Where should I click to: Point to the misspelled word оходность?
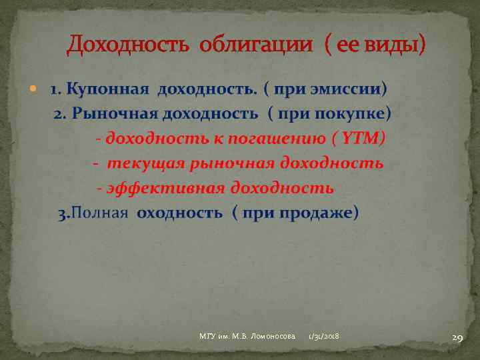tap(179, 213)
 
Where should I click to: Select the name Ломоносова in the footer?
tap(270, 337)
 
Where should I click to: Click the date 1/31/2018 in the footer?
tap(324, 337)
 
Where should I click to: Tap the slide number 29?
tap(457, 338)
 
